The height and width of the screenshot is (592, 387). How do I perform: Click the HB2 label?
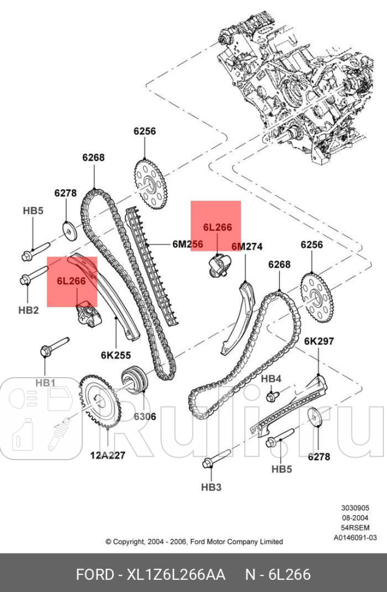click(28, 310)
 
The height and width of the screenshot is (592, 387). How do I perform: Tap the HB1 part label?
click(45, 383)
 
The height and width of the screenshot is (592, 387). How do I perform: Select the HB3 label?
click(211, 487)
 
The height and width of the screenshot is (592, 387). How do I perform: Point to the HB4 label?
click(271, 379)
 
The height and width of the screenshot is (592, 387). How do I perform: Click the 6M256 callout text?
click(187, 244)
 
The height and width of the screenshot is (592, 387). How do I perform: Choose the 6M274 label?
click(246, 247)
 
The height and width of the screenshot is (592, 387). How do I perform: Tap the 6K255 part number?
click(115, 355)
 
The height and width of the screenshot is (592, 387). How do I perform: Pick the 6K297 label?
click(319, 342)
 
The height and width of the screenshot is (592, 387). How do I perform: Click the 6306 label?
click(144, 417)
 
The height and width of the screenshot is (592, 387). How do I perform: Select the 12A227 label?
click(108, 455)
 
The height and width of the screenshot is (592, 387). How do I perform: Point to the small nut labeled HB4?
click(270, 397)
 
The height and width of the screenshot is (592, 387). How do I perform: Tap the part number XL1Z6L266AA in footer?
click(176, 574)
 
